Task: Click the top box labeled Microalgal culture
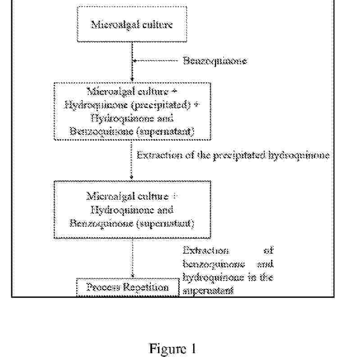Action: pyautogui.click(x=131, y=24)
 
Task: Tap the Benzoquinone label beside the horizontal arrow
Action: pyautogui.click(x=215, y=61)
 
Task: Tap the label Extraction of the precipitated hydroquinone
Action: pyautogui.click(x=233, y=155)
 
